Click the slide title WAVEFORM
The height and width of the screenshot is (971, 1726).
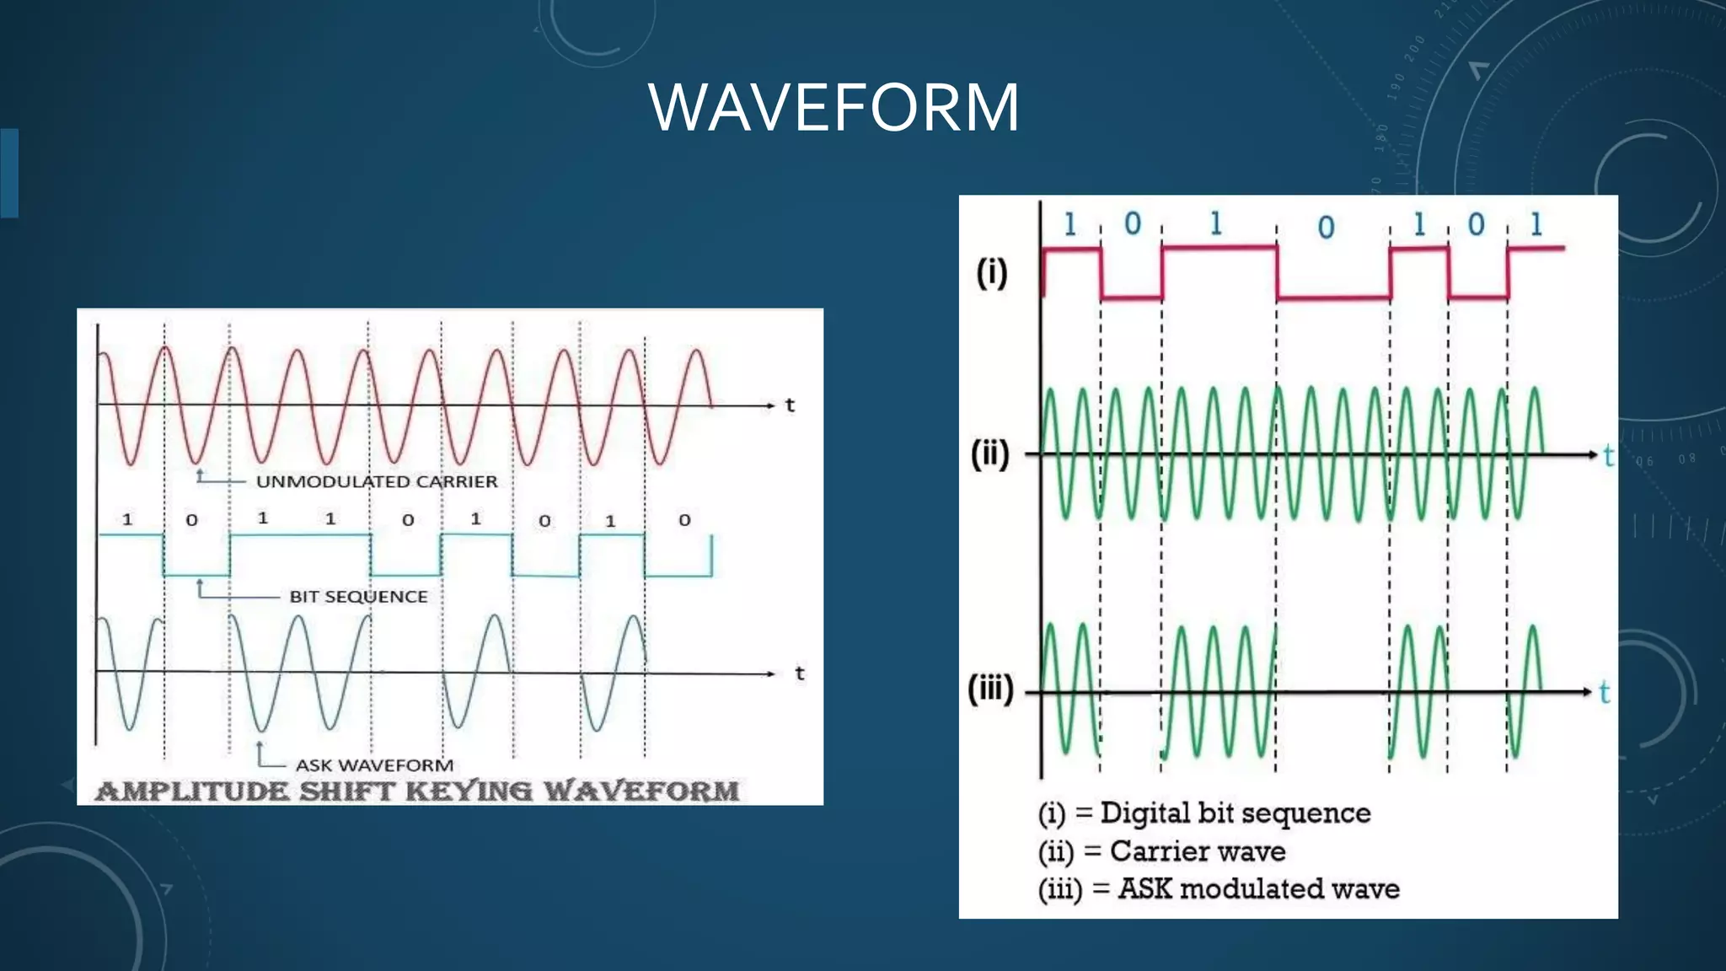pos(834,107)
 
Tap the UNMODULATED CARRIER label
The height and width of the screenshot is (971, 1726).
pos(376,481)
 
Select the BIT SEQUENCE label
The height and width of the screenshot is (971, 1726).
pos(358,597)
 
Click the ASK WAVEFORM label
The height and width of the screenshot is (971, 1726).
pos(374,765)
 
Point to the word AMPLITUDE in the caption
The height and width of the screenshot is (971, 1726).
pos(191,791)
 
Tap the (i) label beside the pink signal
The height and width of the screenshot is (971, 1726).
pos(992,272)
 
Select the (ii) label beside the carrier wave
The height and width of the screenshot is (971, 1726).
pos(990,453)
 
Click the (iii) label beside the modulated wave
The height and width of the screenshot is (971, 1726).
pos(990,689)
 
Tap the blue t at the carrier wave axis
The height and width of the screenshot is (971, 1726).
pos(1608,456)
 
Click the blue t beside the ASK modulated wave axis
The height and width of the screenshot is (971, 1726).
pos(1604,693)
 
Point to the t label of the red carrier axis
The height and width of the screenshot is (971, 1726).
pos(790,405)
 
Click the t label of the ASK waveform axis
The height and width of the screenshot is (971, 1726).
pos(799,673)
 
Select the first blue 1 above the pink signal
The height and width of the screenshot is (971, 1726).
pos(1069,224)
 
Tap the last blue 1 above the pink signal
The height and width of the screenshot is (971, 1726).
pos(1536,224)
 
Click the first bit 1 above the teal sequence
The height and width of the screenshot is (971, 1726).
pos(127,519)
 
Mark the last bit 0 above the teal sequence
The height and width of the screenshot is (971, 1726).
pos(684,520)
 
